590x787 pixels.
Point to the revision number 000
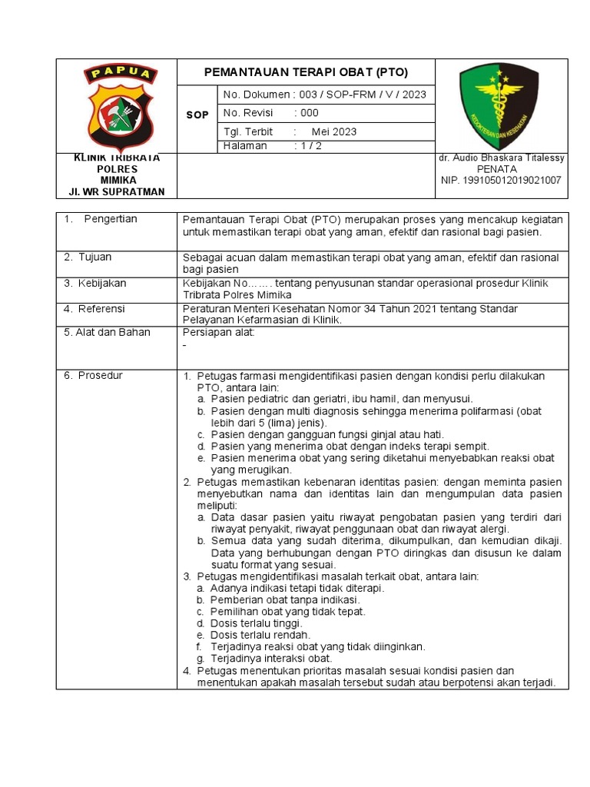(x=310, y=113)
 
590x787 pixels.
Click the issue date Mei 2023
(x=333, y=131)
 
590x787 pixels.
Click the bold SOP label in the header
(x=197, y=115)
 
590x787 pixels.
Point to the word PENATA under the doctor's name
(x=497, y=168)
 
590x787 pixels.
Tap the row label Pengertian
(x=111, y=219)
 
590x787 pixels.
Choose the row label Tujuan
(x=95, y=257)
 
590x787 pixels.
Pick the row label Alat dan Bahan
(x=108, y=332)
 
